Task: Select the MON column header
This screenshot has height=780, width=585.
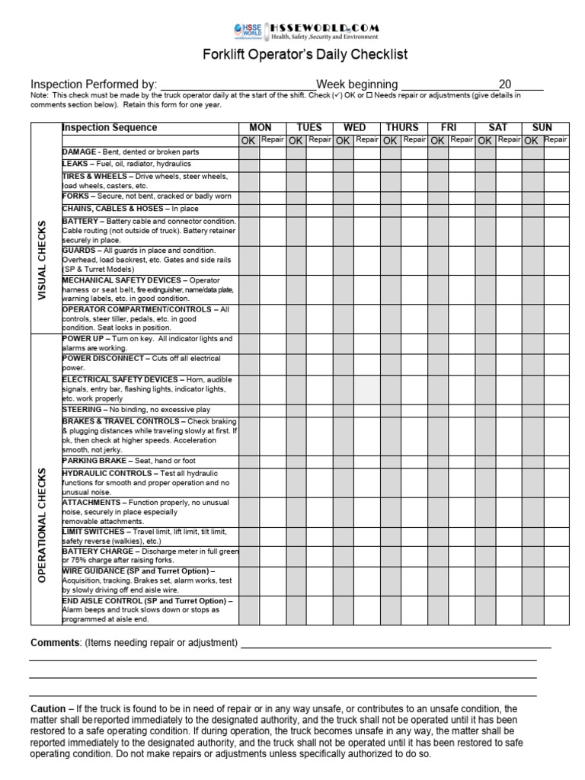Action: click(x=261, y=127)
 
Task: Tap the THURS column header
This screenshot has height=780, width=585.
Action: click(x=403, y=127)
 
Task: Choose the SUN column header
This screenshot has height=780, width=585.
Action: click(x=543, y=127)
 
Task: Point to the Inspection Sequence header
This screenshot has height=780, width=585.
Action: click(x=110, y=128)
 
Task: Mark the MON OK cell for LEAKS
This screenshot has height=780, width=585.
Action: click(x=248, y=165)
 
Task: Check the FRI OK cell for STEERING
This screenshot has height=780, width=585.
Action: click(x=438, y=410)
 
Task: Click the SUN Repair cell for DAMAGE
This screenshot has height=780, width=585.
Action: click(x=556, y=152)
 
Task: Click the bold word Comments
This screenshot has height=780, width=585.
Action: click(x=55, y=643)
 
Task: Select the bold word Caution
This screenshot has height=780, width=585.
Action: click(x=47, y=709)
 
